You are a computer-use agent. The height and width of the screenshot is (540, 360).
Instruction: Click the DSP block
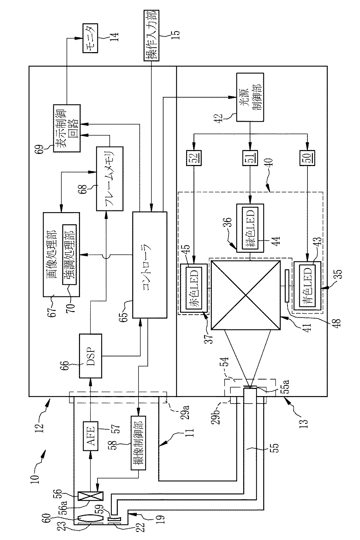click(x=90, y=356)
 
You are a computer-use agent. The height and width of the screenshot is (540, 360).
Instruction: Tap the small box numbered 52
click(x=194, y=158)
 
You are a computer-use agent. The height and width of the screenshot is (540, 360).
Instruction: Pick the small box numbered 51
click(x=250, y=158)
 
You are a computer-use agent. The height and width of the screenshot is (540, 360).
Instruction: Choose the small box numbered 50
click(x=307, y=158)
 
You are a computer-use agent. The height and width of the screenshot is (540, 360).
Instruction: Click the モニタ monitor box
click(x=90, y=38)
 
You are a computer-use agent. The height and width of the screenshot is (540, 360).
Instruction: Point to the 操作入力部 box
click(x=151, y=35)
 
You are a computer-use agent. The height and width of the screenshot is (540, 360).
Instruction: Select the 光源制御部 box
click(x=250, y=97)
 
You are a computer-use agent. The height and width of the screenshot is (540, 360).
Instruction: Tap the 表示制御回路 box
click(x=66, y=128)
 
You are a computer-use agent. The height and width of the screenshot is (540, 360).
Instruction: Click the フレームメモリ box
click(x=110, y=179)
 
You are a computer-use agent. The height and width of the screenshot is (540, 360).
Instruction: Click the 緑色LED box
click(x=250, y=228)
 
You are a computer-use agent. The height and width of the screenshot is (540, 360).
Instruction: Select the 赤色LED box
click(x=194, y=288)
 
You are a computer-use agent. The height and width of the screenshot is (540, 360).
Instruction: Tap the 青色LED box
click(x=307, y=286)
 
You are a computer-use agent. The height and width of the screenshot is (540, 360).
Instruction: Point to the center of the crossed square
click(x=246, y=295)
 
